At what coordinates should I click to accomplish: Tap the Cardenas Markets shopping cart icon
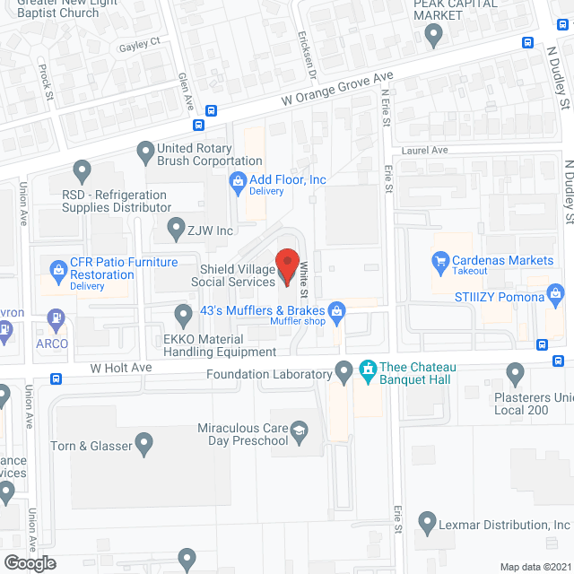pyautogui.click(x=440, y=261)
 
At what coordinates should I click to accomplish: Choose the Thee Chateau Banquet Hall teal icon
pyautogui.click(x=367, y=369)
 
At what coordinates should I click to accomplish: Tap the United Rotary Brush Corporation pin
pyautogui.click(x=144, y=150)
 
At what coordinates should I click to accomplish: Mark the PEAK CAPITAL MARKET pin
pyautogui.click(x=434, y=35)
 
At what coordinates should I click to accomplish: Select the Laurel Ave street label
pyautogui.click(x=424, y=151)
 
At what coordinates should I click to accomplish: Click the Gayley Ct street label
pyautogui.click(x=139, y=42)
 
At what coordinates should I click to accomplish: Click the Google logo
pyautogui.click(x=30, y=562)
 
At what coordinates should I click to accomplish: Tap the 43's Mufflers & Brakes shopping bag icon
pyautogui.click(x=337, y=312)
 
